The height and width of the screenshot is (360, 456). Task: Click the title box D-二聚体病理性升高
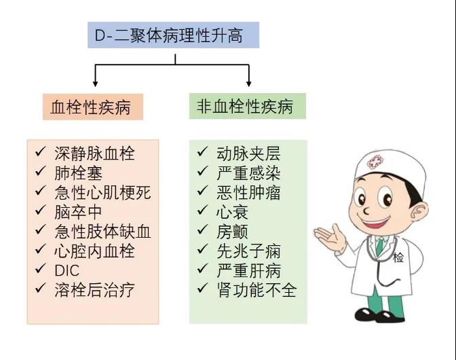pyautogui.click(x=173, y=35)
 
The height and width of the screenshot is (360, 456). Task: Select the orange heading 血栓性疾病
pyautogui.click(x=93, y=107)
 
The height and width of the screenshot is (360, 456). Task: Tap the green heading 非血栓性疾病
pyautogui.click(x=248, y=106)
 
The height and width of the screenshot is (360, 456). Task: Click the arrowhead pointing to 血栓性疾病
pyautogui.click(x=95, y=84)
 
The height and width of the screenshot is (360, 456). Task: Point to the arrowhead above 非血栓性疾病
pyautogui.click(x=248, y=84)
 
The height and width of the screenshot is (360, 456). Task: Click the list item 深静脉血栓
pyautogui.click(x=94, y=154)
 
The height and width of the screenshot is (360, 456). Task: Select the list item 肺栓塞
pyautogui.click(x=79, y=173)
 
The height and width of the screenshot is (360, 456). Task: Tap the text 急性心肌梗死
pyautogui.click(x=102, y=192)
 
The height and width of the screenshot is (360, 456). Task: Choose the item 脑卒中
pyautogui.click(x=78, y=212)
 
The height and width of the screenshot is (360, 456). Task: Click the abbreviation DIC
pyautogui.click(x=67, y=270)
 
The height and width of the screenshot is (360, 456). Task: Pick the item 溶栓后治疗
pyautogui.click(x=94, y=290)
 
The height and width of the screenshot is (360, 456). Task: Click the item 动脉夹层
pyautogui.click(x=248, y=154)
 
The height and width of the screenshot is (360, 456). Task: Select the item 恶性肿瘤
pyautogui.click(x=248, y=192)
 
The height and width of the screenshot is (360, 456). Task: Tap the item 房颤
pyautogui.click(x=232, y=232)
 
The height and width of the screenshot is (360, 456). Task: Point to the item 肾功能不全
pyautogui.click(x=256, y=290)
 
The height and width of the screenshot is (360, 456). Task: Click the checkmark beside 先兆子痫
pyautogui.click(x=202, y=249)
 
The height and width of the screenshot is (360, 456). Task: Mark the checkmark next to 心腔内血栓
pyautogui.click(x=41, y=249)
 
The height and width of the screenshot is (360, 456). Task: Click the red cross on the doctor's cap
pyautogui.click(x=375, y=162)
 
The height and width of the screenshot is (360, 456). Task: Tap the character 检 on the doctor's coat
pyautogui.click(x=398, y=257)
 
